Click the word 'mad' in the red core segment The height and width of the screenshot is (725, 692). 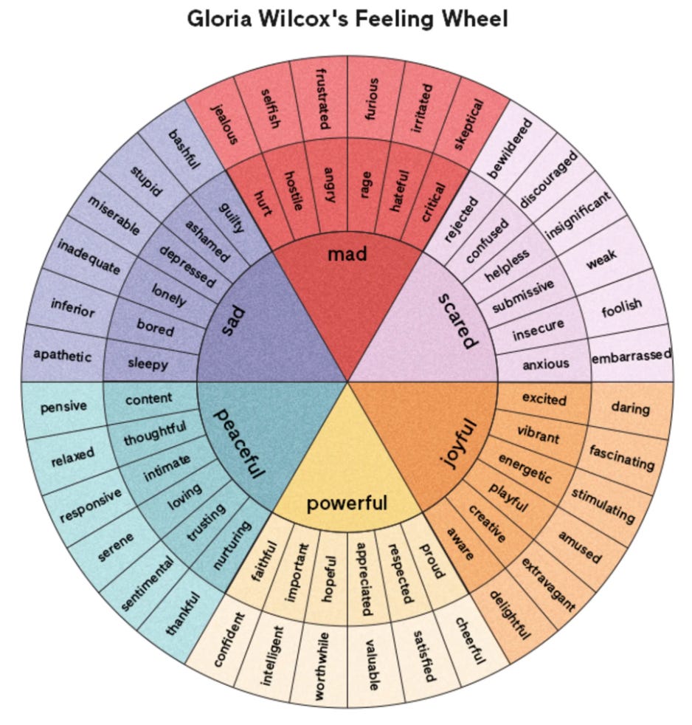[x=347, y=255]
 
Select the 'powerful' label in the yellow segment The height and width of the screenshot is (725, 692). [x=347, y=504]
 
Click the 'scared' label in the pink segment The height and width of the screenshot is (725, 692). [x=458, y=320]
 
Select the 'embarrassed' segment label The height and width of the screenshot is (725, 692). [x=631, y=355]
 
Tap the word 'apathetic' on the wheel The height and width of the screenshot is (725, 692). [x=62, y=355]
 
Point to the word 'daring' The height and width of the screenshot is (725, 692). [x=630, y=408]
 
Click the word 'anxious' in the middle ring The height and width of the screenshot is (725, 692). [x=546, y=364]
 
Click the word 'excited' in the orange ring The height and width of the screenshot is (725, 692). [x=544, y=399]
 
